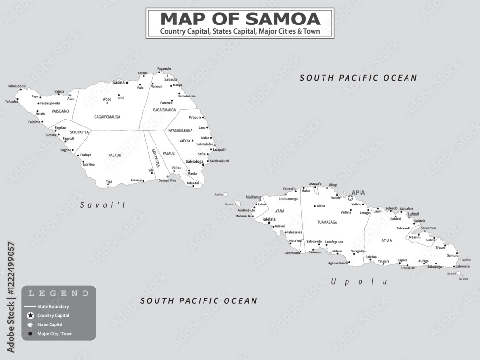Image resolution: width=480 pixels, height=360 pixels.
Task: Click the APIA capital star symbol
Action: tap(350, 198)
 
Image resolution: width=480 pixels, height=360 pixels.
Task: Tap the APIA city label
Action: tap(359, 193)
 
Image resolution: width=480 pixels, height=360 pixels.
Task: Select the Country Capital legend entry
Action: tap(53, 316)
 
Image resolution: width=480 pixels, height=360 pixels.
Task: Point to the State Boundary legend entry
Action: tap(53, 306)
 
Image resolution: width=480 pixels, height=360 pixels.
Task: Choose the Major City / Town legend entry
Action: tap(55, 334)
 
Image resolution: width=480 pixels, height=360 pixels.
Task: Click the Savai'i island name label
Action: tap(102, 205)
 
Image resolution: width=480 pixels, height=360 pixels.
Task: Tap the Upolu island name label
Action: tap(359, 282)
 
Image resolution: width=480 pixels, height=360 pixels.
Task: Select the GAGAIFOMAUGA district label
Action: tap(107, 117)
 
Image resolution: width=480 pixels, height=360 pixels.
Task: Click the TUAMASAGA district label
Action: tap(327, 222)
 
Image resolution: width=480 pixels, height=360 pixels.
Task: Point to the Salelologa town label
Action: tap(194, 162)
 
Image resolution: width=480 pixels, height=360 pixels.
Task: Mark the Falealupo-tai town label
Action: tap(17, 86)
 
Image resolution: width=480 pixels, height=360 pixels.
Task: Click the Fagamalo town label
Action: tap(164, 69)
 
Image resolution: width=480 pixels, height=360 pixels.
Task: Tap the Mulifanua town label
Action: tap(253, 197)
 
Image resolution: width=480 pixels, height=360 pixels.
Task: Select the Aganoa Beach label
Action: tap(338, 263)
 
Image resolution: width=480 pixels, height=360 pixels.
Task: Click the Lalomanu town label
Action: tap(463, 266)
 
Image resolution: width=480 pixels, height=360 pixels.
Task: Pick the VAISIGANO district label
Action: tap(60, 111)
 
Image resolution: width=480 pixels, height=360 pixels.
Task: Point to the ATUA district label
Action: tap(386, 240)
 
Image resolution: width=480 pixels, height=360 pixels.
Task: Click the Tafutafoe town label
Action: tap(12, 102)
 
